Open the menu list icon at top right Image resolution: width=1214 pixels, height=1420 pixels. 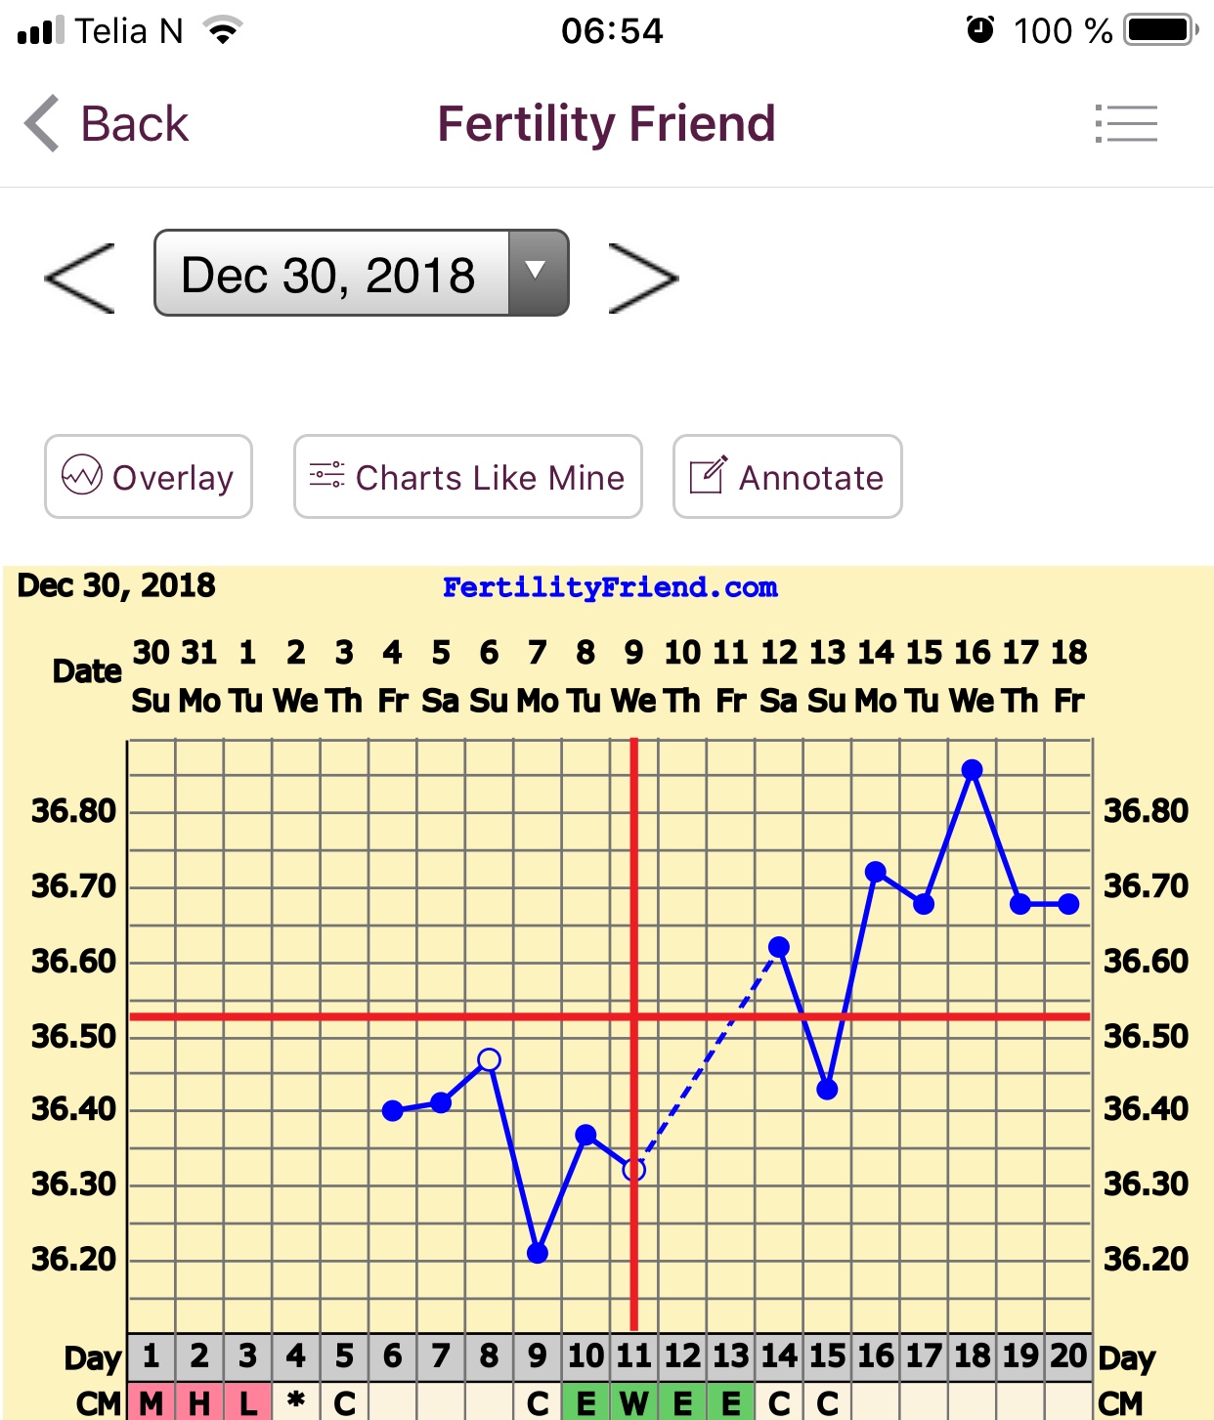pos(1126,124)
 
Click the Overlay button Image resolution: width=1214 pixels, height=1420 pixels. pos(149,477)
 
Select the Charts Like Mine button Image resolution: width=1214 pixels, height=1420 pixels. pos(468,477)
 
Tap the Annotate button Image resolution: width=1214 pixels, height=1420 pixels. pos(787,477)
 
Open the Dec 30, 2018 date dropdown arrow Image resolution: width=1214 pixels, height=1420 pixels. pos(536,272)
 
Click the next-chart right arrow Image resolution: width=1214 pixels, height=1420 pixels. pos(642,279)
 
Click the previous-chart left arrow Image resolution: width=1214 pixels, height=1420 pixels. pos(80,279)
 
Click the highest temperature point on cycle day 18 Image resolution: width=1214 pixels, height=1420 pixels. pos(972,770)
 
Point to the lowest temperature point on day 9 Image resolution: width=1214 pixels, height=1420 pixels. pos(538,1253)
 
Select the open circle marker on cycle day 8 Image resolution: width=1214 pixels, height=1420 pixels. pos(490,1059)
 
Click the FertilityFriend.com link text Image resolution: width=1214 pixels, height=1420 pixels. pos(610,587)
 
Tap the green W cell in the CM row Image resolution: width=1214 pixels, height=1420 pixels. pos(633,1403)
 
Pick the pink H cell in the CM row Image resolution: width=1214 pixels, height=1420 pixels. pos(199,1403)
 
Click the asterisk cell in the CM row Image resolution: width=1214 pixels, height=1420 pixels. pos(295,1403)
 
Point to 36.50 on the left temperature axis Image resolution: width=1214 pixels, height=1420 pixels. pos(73,1036)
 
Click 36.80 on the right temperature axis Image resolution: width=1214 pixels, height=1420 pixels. pos(1146,810)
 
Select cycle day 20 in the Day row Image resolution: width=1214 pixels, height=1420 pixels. pos(1068,1355)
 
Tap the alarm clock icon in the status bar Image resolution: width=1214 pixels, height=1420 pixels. pos(980,30)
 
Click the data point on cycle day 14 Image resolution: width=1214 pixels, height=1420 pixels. pos(779,947)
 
